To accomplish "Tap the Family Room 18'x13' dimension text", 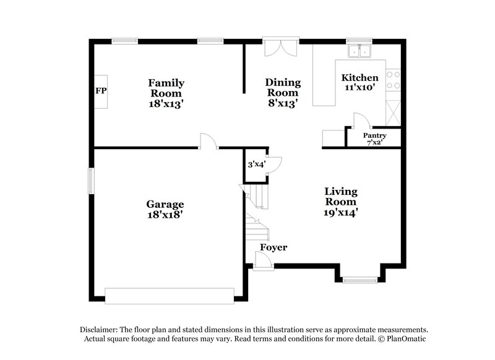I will pos(166,104).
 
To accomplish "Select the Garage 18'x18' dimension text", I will pos(165,215).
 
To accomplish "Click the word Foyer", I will pos(273,247).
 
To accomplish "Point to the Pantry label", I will pos(374,135).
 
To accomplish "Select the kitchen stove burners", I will pos(393,79).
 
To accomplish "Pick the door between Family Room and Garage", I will pos(208,142).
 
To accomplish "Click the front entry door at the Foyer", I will pos(263,262).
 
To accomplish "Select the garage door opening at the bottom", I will pos(170,296).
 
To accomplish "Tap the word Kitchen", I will pos(360,78).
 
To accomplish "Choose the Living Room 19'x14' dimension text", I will pos(340,212).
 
